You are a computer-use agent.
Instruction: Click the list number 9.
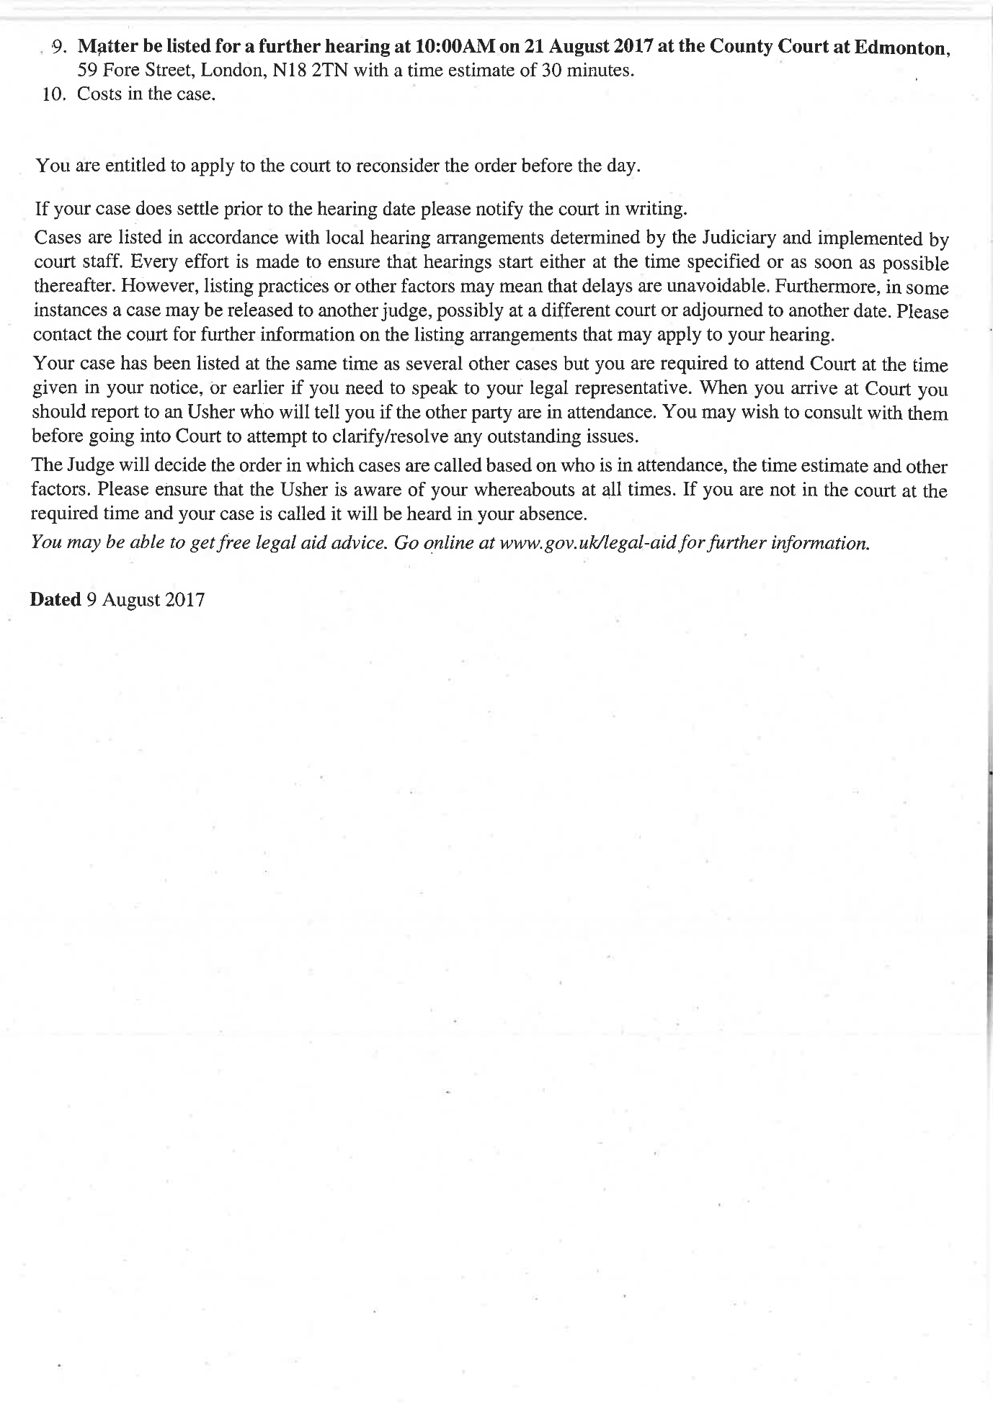pyautogui.click(x=59, y=48)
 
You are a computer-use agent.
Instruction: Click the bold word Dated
pyautogui.click(x=55, y=600)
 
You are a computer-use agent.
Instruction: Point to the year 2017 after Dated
pyautogui.click(x=184, y=600)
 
